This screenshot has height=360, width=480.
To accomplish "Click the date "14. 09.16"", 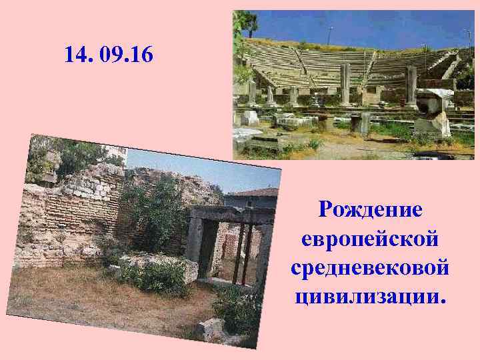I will point(109,55).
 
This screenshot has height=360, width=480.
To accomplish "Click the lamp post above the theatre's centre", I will point(331,33).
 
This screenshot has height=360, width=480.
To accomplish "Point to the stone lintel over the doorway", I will point(230,213).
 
